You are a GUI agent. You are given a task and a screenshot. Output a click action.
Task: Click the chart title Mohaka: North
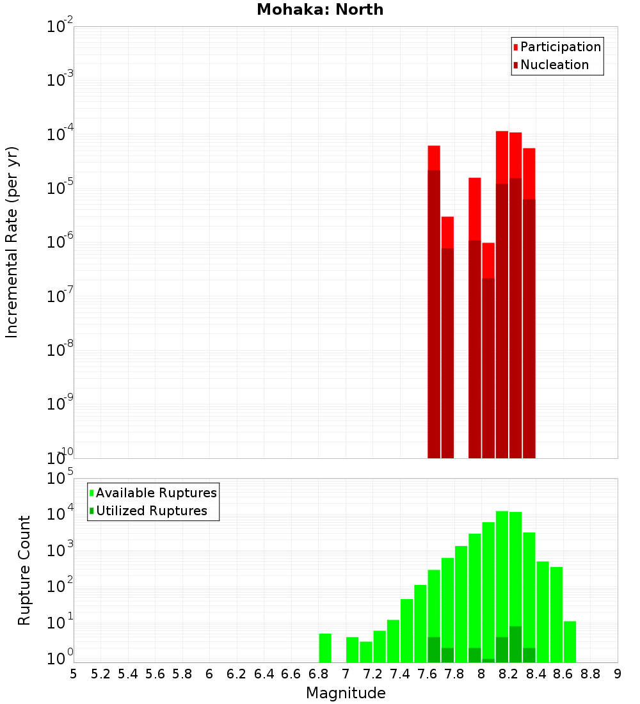[320, 10]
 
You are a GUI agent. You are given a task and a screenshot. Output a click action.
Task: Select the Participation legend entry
[560, 47]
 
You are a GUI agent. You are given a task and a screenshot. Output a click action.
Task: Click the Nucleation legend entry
[554, 65]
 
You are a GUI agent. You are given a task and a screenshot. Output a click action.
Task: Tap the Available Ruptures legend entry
[156, 493]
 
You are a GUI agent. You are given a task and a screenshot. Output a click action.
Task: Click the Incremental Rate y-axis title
[12, 242]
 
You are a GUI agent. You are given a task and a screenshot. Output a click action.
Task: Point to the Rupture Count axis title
[24, 570]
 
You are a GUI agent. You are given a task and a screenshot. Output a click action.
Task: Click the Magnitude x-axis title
[346, 693]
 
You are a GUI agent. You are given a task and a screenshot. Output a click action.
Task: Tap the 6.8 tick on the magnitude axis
[318, 674]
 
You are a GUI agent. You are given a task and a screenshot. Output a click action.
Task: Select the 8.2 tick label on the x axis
[509, 674]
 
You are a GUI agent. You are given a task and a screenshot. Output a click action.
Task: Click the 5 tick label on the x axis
[74, 674]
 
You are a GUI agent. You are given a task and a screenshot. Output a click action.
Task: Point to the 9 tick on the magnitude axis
[618, 674]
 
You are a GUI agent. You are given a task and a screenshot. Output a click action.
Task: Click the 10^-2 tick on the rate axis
[60, 28]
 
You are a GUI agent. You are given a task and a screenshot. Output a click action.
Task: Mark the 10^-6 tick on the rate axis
[60, 243]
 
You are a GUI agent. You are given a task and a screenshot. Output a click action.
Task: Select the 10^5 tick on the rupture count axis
[61, 479]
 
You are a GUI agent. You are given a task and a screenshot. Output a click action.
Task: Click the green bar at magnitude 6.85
[325, 648]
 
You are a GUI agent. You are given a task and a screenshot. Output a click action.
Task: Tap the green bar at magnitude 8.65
[570, 641]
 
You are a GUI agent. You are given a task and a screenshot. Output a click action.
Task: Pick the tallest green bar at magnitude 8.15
[502, 576]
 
